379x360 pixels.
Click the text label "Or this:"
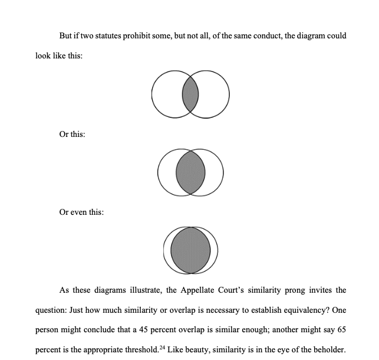(x=72, y=135)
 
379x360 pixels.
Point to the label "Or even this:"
(x=81, y=212)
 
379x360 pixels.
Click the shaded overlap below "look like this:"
(x=190, y=94)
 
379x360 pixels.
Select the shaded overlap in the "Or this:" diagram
(x=190, y=172)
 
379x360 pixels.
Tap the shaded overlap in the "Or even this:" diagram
(x=190, y=250)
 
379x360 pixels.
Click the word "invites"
(x=322, y=290)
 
